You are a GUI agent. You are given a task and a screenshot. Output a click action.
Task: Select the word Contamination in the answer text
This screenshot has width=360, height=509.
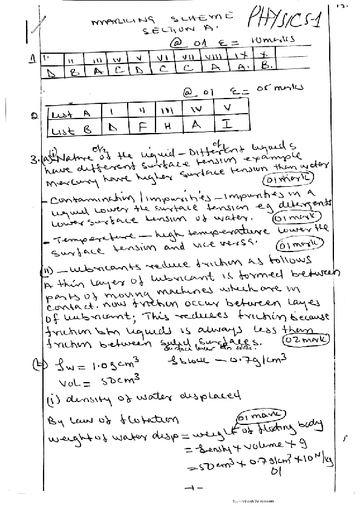tap(85, 201)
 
